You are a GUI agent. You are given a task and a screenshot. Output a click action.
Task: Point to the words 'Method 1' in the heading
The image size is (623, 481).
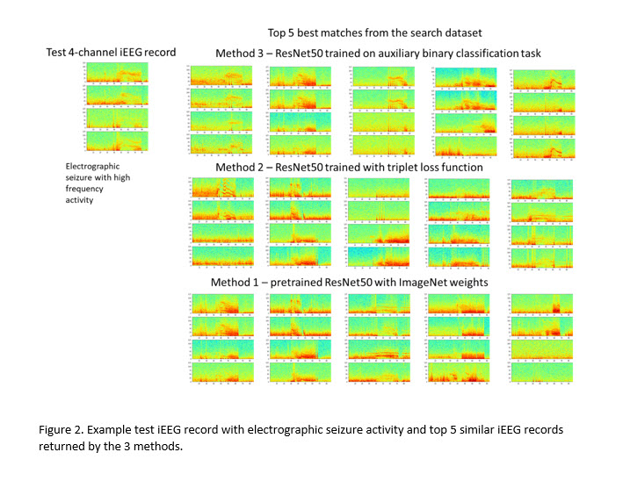pos(236,283)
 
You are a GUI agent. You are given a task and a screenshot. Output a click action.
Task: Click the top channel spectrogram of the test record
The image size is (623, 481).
pos(117,72)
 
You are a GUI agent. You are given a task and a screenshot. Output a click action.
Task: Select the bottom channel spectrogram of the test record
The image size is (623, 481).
pos(117,140)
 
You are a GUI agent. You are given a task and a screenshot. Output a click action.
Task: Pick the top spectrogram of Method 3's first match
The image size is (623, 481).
pos(222,76)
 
